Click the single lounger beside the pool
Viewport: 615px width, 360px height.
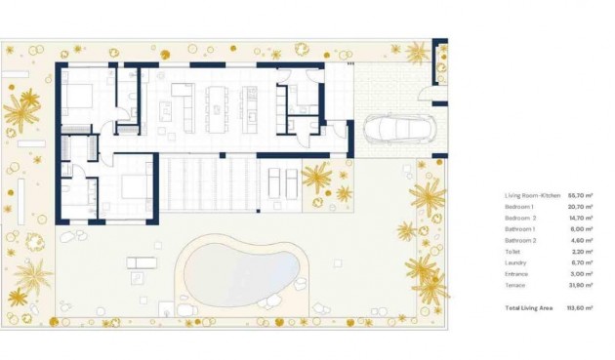pos(141,261)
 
